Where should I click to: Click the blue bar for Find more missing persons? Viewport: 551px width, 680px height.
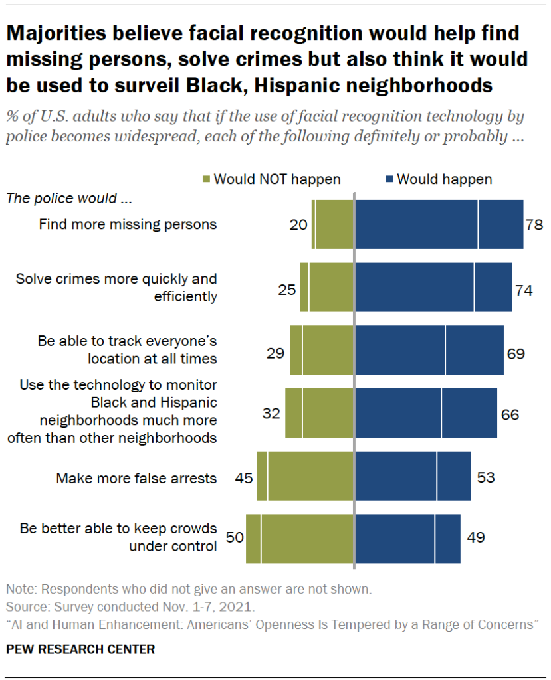[x=439, y=224]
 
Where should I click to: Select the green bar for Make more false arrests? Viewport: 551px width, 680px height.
[x=305, y=475]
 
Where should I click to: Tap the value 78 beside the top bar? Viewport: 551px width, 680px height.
[x=535, y=224]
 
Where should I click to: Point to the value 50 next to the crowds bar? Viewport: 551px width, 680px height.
[x=235, y=538]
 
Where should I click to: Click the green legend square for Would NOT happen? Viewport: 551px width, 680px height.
[x=206, y=179]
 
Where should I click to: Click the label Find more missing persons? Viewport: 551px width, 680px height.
[x=128, y=224]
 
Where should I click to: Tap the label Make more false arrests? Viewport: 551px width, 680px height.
[x=136, y=478]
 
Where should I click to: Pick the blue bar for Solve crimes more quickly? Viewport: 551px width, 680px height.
[x=433, y=287]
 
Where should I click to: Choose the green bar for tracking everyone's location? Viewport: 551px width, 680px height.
[x=322, y=350]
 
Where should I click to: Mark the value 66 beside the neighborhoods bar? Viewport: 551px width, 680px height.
[x=510, y=415]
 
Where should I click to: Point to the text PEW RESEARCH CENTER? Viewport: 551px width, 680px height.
[x=80, y=649]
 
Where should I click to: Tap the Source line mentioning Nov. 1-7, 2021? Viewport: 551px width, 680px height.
[x=130, y=607]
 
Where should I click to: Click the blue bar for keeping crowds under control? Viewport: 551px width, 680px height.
[x=407, y=539]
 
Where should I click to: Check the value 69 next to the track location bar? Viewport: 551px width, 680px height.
[x=516, y=353]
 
